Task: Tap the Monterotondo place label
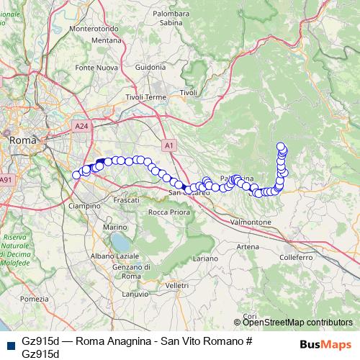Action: click(96, 29)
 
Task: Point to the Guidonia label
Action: click(150, 67)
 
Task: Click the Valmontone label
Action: click(249, 222)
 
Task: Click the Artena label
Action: click(248, 246)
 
